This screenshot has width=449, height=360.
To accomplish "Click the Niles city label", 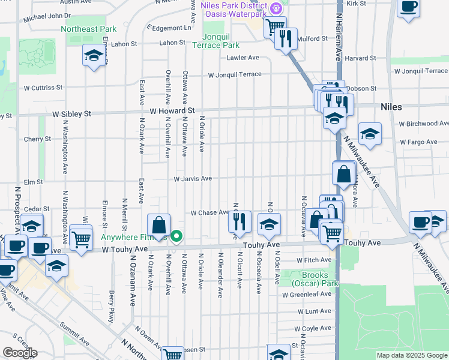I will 391,107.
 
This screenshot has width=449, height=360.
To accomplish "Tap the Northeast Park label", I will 88,29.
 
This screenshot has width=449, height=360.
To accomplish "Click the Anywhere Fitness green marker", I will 176,236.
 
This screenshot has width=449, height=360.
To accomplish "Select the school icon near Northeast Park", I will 93,56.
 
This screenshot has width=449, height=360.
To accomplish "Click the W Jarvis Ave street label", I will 193,179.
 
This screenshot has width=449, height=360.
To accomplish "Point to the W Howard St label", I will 172,111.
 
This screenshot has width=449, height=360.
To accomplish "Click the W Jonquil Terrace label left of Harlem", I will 235,74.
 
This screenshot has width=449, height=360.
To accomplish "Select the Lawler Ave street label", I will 243,58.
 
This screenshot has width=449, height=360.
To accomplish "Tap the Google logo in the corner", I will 20,353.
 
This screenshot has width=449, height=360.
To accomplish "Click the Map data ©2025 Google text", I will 412,355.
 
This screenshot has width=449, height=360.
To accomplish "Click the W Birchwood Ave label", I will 423,124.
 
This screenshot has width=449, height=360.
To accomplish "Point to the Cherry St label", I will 37,139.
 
